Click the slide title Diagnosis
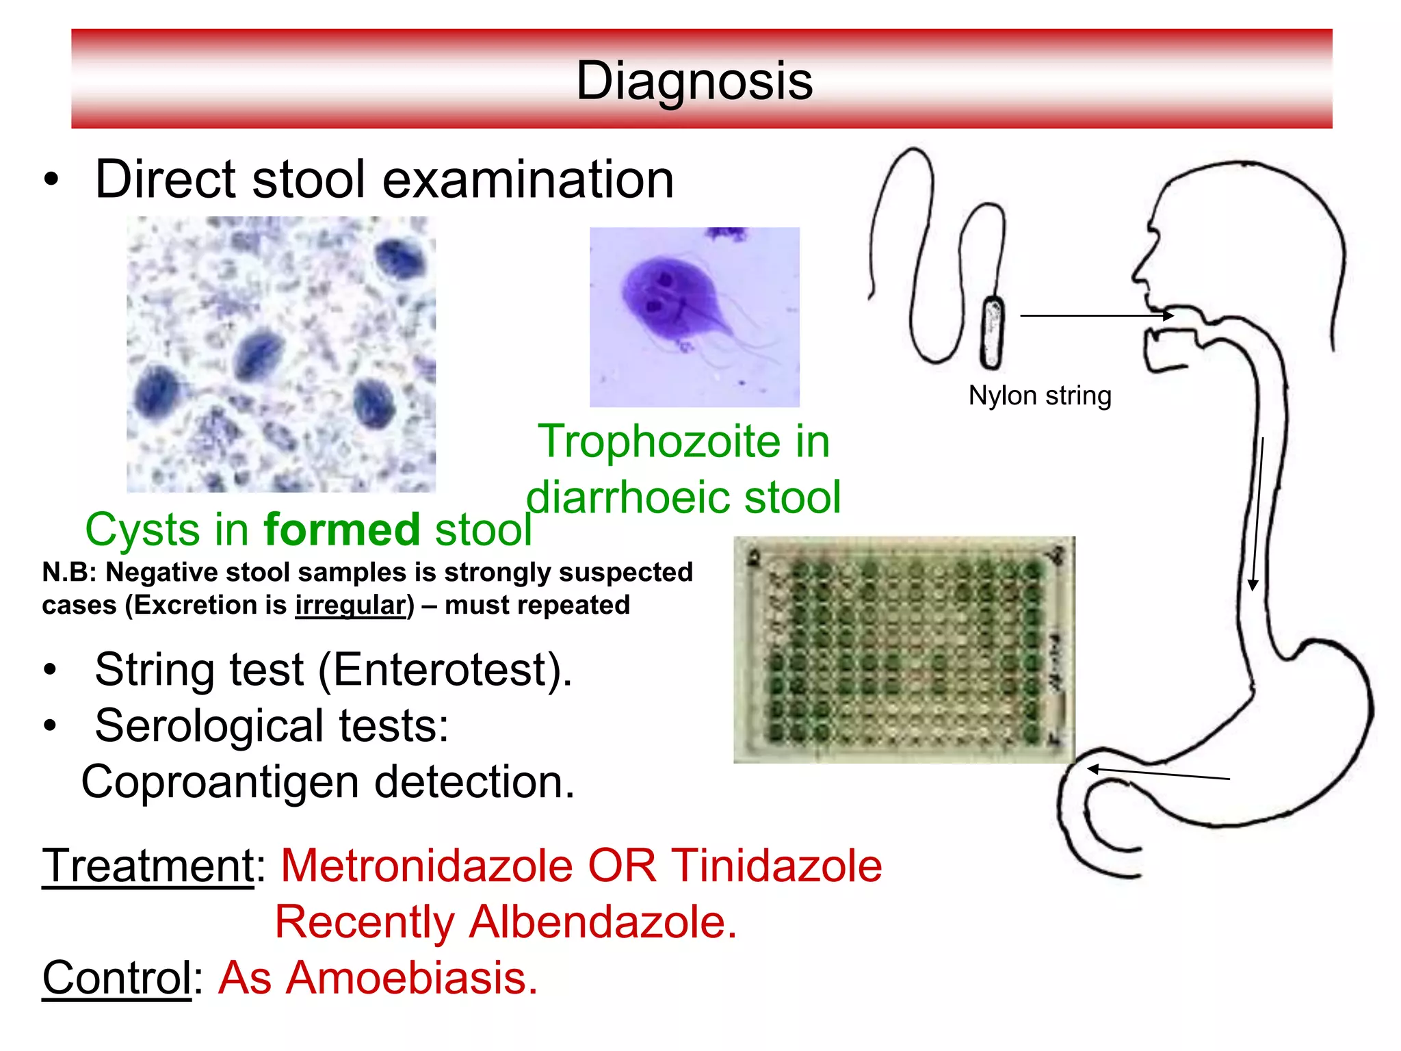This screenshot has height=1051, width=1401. pyautogui.click(x=694, y=81)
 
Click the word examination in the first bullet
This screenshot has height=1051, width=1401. pyautogui.click(x=527, y=179)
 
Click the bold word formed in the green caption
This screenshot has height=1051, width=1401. pyautogui.click(x=342, y=530)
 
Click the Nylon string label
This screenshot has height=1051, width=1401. pyautogui.click(x=1039, y=395)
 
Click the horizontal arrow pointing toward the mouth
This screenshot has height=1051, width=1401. pyautogui.click(x=1095, y=315)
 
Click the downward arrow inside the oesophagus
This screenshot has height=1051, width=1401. pyautogui.click(x=1257, y=513)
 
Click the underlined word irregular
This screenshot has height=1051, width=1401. pyautogui.click(x=350, y=605)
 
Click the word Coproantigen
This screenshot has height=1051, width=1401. pyautogui.click(x=219, y=782)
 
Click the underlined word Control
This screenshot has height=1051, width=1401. pyautogui.click(x=116, y=978)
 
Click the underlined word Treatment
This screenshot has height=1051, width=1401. pyautogui.click(x=148, y=866)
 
